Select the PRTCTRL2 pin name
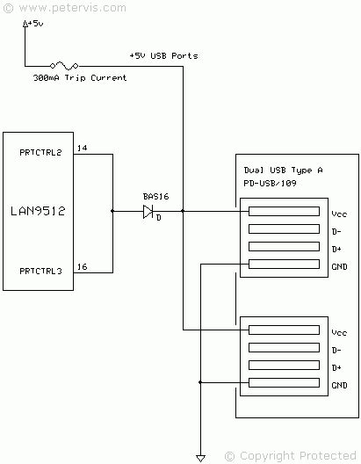pyautogui.click(x=40, y=153)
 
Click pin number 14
pyautogui.click(x=82, y=148)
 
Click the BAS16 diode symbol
pyautogui.click(x=148, y=211)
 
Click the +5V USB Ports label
pyautogui.click(x=163, y=55)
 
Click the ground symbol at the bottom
pyautogui.click(x=201, y=457)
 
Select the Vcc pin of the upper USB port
pyautogui.click(x=284, y=212)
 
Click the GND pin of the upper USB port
pyautogui.click(x=284, y=265)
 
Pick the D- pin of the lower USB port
pyautogui.click(x=284, y=348)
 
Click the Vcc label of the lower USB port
pyautogui.click(x=340, y=332)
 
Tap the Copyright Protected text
pyautogui.click(x=296, y=455)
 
